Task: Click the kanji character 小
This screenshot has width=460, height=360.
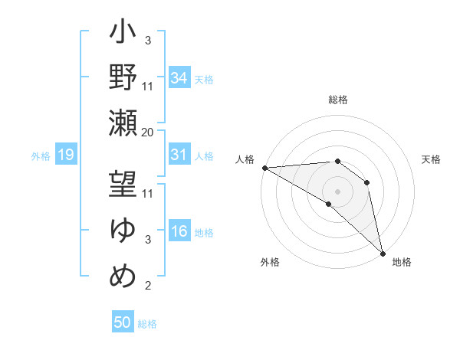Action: [x=123, y=34]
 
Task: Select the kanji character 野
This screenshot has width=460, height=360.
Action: [x=123, y=77]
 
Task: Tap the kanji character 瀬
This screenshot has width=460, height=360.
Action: [x=123, y=123]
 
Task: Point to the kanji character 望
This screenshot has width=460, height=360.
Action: [x=123, y=185]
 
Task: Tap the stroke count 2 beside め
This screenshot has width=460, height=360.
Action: [x=147, y=286]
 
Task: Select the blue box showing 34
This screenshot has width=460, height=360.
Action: [x=179, y=77]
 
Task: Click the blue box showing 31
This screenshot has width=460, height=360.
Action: [x=179, y=155]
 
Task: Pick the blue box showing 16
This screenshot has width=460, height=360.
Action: [x=179, y=231]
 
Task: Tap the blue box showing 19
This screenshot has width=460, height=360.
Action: [x=65, y=155]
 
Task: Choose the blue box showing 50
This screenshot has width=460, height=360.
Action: [x=123, y=322]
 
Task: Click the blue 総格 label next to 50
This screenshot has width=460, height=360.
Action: [x=148, y=324]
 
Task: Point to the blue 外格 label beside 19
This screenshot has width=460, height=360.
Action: [x=41, y=156]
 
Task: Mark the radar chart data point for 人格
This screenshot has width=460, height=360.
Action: [x=264, y=167]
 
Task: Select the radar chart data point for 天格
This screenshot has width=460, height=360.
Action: [x=367, y=182]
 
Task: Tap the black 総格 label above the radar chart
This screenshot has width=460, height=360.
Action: [x=338, y=100]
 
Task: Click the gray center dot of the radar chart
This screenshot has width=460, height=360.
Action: [x=337, y=191]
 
